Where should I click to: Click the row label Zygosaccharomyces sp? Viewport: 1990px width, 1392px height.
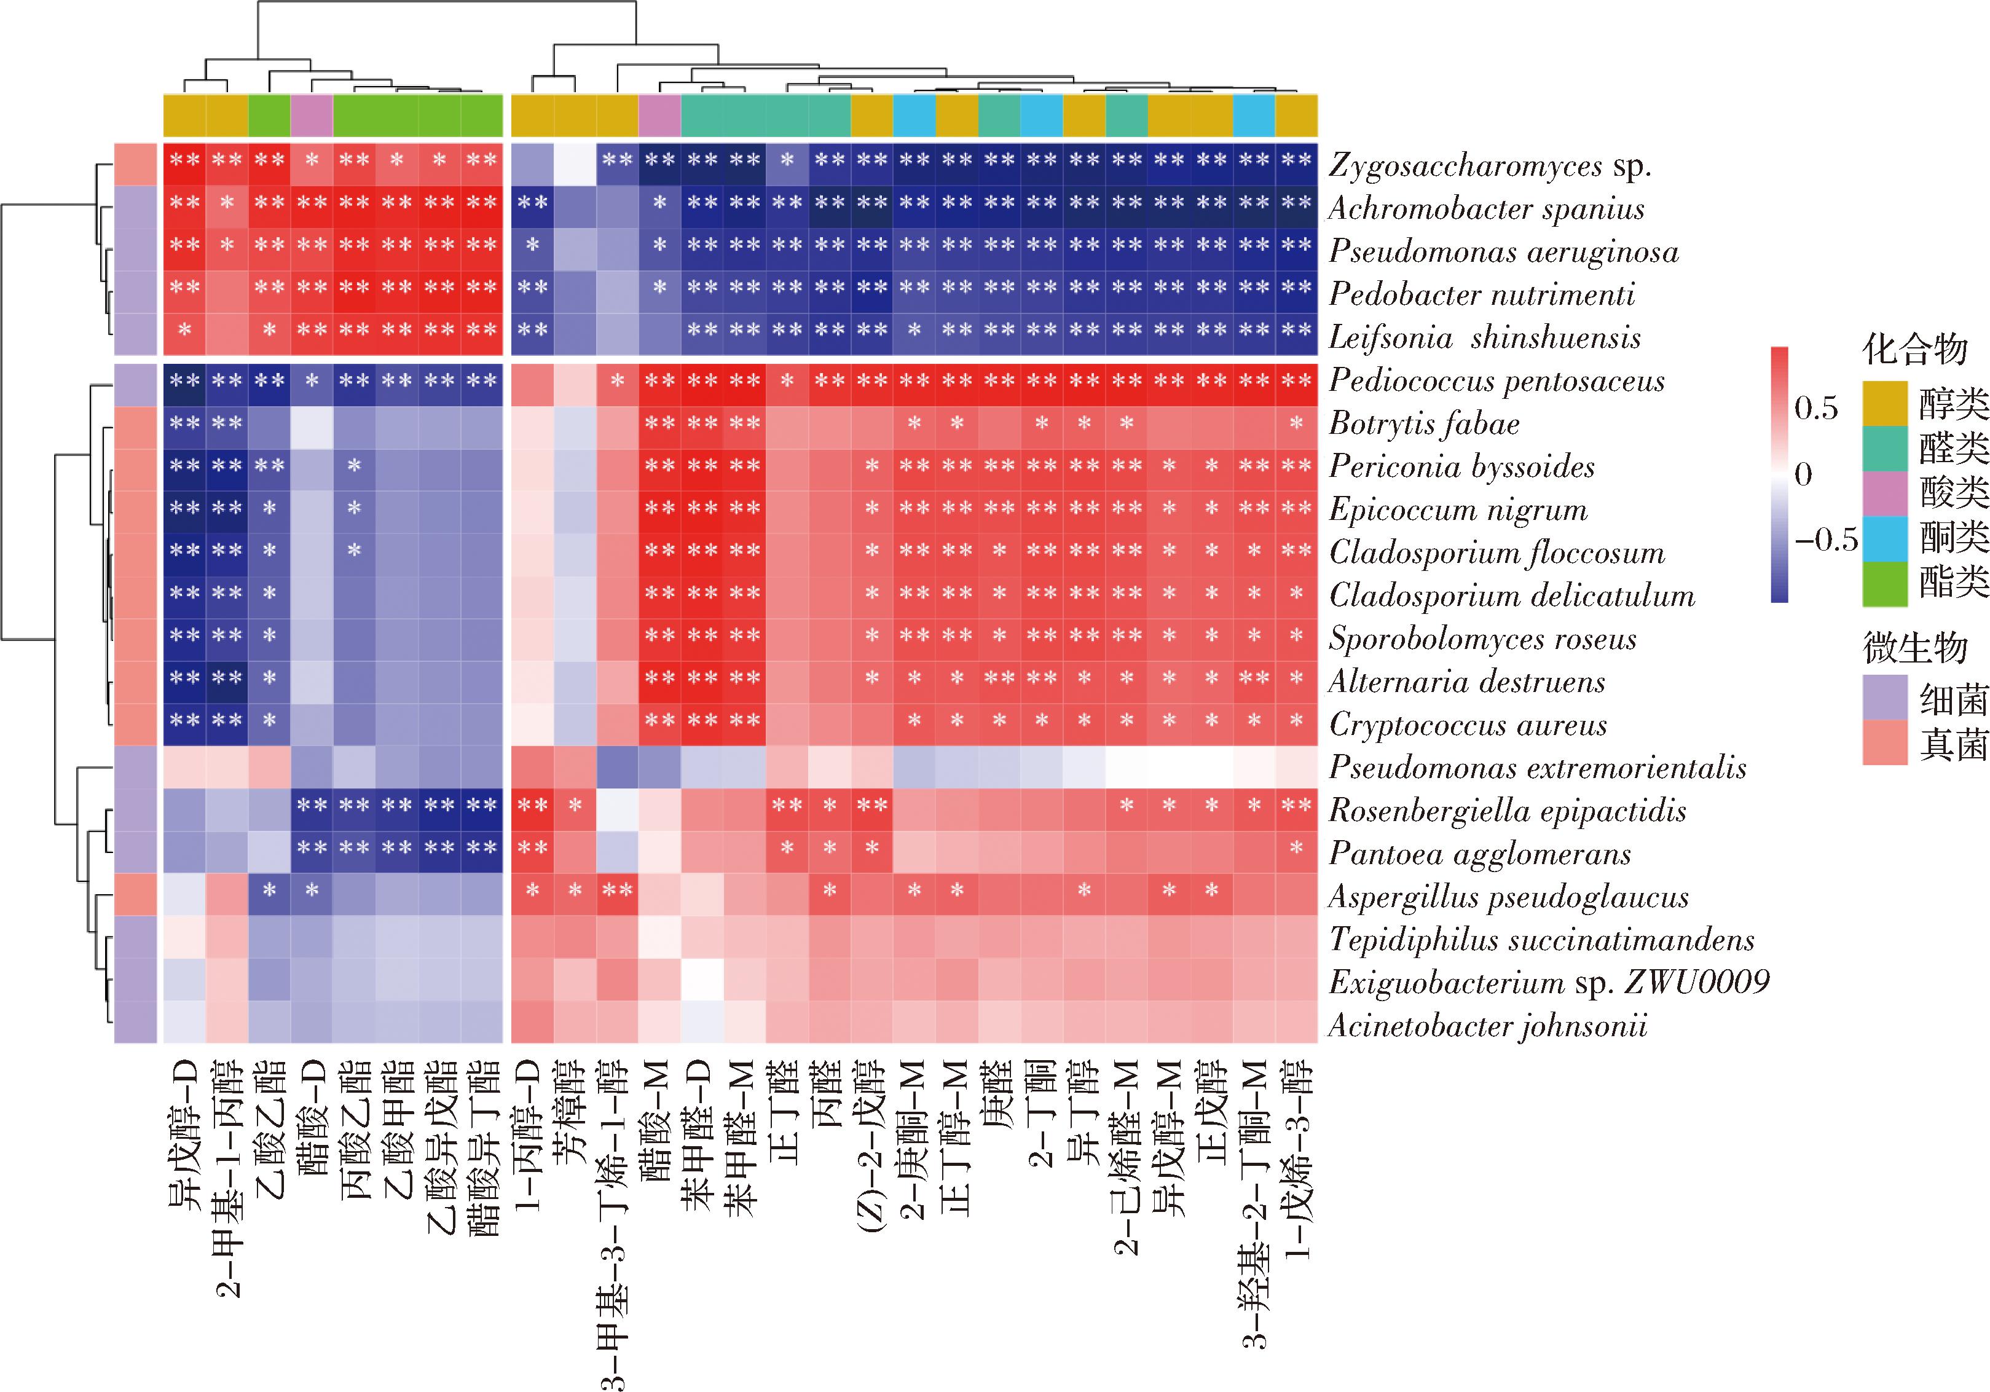(1490, 165)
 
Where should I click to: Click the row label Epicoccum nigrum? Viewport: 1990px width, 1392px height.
(1458, 509)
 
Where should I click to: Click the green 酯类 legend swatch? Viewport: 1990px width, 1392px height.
(1885, 583)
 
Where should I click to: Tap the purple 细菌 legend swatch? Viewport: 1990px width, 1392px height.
(1885, 698)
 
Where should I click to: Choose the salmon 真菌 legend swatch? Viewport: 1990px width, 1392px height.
(1885, 743)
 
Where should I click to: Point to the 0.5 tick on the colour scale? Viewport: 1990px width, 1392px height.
(1816, 407)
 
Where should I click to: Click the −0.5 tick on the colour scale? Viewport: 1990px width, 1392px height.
(1825, 540)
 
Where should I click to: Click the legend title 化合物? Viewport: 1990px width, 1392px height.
(1914, 350)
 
